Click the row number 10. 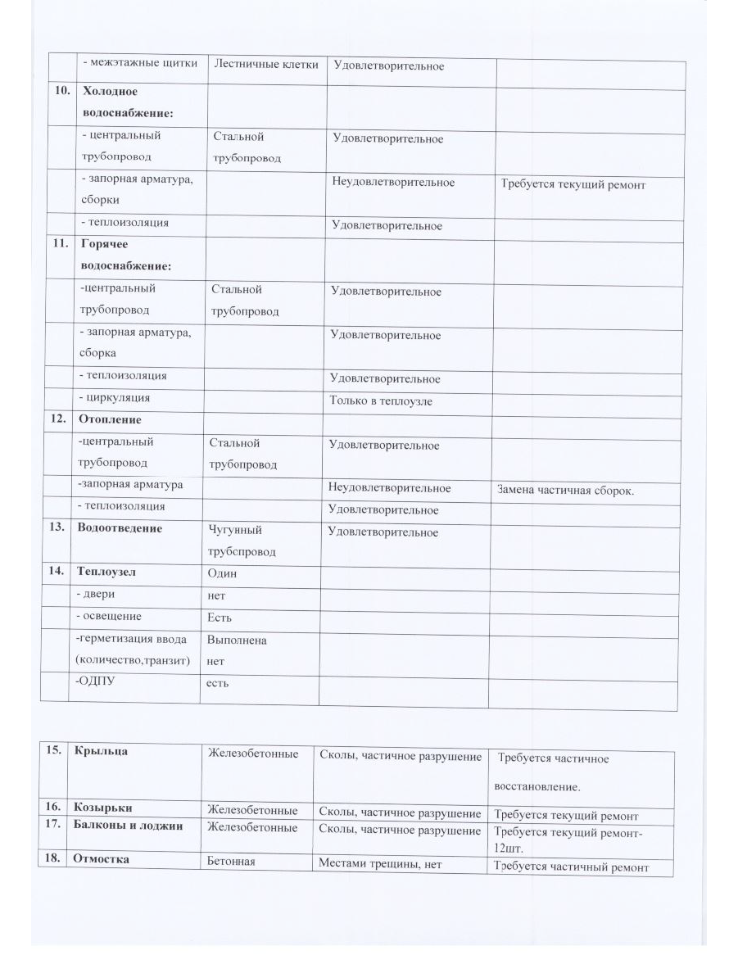[61, 92]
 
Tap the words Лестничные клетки [265, 65]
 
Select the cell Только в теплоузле [381, 401]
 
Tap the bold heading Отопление [110, 419]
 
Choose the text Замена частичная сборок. [566, 491]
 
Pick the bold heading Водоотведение [120, 528]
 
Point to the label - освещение [108, 616]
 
